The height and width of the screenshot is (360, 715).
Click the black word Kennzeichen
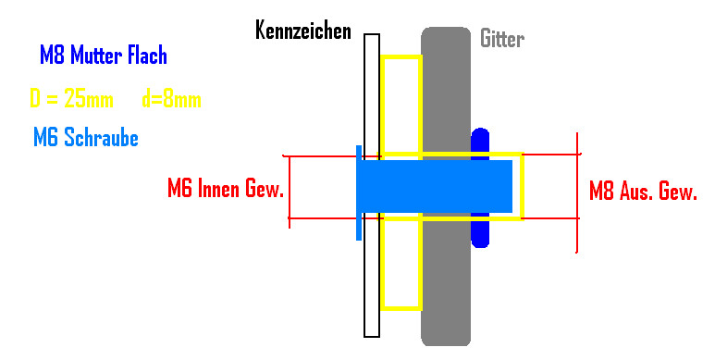(x=303, y=31)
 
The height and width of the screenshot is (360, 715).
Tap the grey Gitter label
(x=502, y=39)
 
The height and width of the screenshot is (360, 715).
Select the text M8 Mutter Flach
(x=104, y=56)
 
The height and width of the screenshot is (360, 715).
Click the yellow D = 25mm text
(x=71, y=98)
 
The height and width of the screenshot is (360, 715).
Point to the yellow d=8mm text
(x=171, y=99)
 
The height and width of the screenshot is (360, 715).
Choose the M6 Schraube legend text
(x=86, y=137)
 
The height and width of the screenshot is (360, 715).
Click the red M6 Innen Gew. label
(x=226, y=188)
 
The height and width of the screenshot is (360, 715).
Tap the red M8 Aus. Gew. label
(x=643, y=191)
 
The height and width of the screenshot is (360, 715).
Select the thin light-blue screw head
(x=359, y=192)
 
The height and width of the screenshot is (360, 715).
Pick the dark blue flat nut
(x=480, y=188)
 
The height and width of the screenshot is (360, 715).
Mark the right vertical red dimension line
(x=577, y=192)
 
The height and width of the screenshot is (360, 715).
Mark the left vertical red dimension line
(x=290, y=192)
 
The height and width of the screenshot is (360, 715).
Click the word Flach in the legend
(x=147, y=56)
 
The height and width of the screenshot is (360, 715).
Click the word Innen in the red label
(x=218, y=188)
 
